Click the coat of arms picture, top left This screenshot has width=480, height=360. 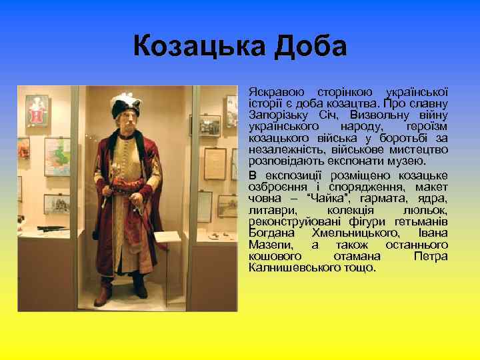point(37,110)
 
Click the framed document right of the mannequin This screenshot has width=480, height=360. point(214,159)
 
